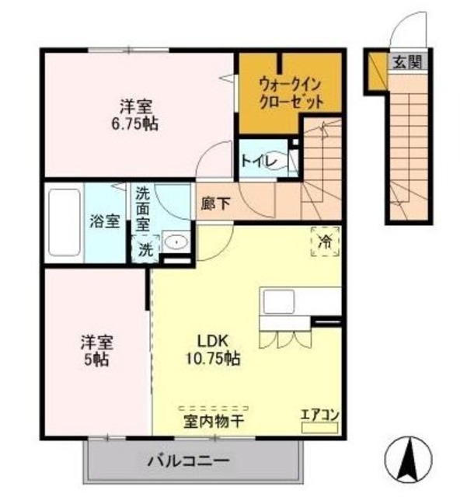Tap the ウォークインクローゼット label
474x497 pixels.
[x=291, y=92]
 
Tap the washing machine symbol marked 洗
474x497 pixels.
[x=145, y=249]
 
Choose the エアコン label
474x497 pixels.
[x=319, y=414]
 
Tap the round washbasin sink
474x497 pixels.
[x=176, y=242]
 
